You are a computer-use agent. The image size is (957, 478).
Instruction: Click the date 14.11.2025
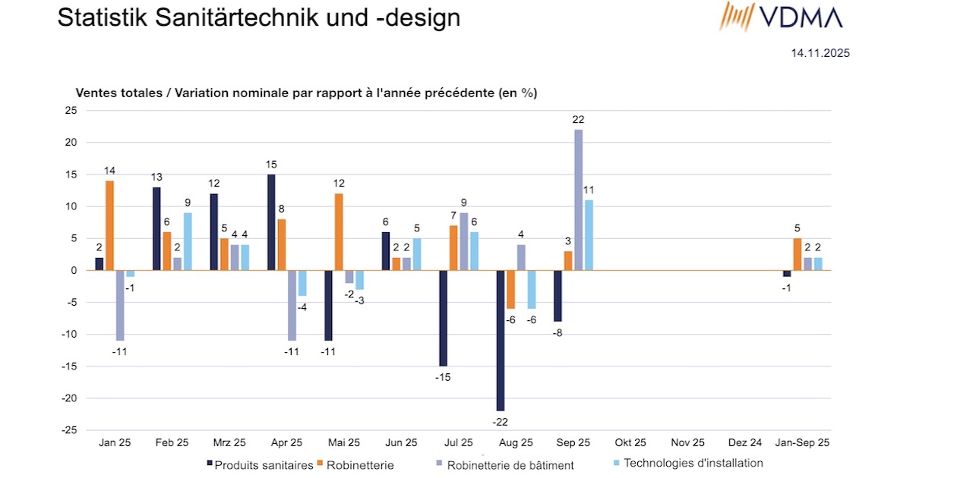tap(820, 53)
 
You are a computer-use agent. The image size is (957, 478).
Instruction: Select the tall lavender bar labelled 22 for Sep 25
tap(579, 200)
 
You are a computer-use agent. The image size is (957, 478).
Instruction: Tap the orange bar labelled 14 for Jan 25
tap(109, 225)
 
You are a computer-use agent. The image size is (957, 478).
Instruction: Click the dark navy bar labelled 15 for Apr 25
tap(271, 222)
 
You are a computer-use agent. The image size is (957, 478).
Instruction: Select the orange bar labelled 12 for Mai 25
tap(339, 231)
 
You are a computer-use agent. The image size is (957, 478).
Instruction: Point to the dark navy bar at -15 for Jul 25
tap(443, 318)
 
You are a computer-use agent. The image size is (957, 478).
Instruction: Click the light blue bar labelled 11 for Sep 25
tap(589, 235)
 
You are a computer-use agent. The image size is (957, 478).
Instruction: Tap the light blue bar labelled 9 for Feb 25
tap(187, 241)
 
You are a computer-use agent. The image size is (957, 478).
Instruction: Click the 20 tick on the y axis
tap(71, 143)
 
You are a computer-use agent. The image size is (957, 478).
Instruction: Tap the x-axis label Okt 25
tap(630, 442)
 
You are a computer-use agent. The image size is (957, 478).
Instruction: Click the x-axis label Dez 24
tap(745, 442)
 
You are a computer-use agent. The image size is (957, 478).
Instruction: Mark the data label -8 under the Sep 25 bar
tap(557, 332)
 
